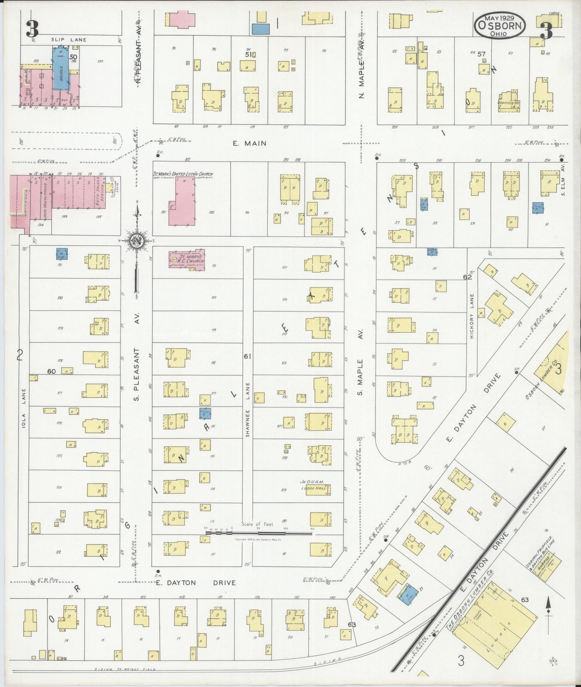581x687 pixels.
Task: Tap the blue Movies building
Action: (x=61, y=68)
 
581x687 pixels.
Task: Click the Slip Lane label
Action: (x=68, y=40)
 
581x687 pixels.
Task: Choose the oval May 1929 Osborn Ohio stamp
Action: (x=500, y=25)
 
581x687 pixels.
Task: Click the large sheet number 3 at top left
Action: (x=32, y=28)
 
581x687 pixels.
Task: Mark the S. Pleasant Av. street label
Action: (x=137, y=370)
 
